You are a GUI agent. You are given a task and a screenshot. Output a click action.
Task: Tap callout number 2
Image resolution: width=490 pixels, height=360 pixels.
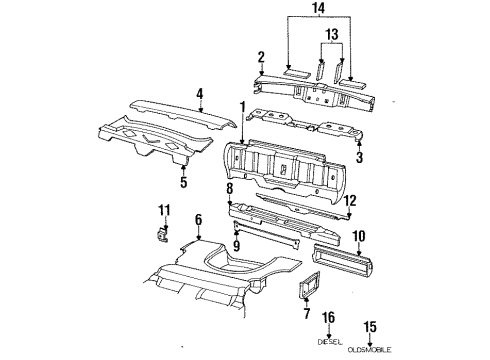(260, 56)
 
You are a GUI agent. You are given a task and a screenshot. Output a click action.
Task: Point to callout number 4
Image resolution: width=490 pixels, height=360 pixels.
(199, 95)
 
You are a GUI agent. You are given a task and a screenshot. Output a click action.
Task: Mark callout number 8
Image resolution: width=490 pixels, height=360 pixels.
(229, 187)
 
